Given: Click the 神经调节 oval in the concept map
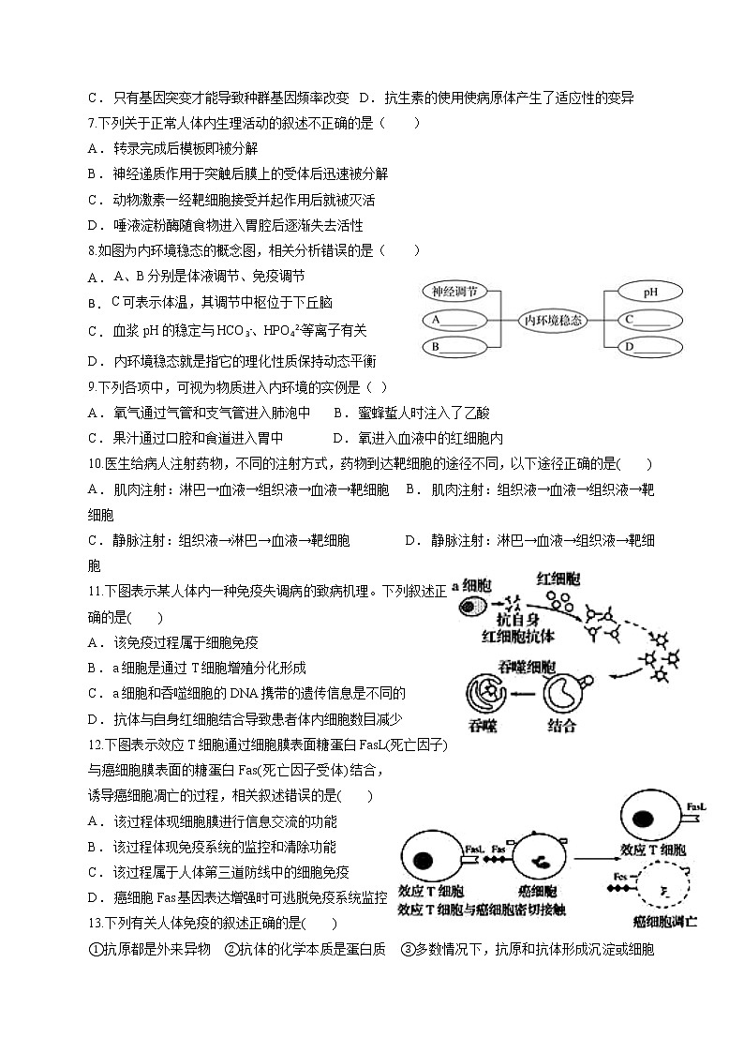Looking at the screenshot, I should (454, 291).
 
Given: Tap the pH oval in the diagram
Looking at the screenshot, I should (650, 292).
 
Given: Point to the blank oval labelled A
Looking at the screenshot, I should (454, 320).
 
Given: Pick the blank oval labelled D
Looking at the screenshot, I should (650, 347).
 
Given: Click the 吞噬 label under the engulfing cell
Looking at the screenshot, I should (484, 725).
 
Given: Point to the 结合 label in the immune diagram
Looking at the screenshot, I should (561, 725).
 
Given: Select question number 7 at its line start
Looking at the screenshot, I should (92, 123).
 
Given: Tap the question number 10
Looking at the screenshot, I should (95, 463).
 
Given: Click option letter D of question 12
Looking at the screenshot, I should (94, 897).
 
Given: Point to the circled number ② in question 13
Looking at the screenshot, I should (231, 949).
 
